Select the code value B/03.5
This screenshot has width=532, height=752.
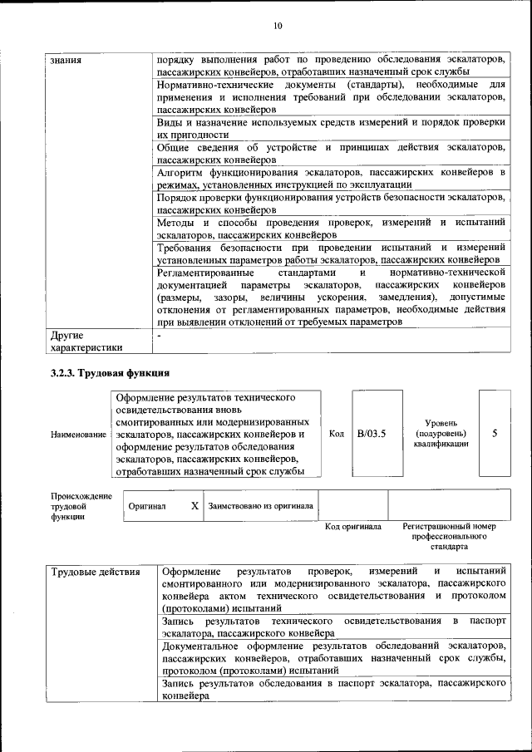pos(372,433)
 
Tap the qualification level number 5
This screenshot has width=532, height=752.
pos(495,433)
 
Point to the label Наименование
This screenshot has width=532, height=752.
pos(78,435)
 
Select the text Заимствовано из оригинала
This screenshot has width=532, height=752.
pos(260,505)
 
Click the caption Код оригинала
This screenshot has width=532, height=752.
pos(352,527)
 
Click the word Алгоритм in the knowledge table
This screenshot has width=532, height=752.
pos(180,171)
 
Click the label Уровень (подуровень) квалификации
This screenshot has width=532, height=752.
pos(441,433)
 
